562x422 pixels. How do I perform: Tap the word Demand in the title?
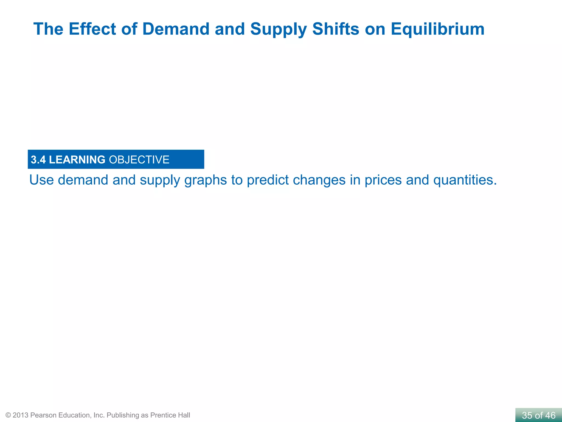[x=176, y=29]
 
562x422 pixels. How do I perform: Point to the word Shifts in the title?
[x=336, y=29]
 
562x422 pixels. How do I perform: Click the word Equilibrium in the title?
[x=437, y=29]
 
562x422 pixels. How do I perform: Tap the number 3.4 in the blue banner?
[x=38, y=160]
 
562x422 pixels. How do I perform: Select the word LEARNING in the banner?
[x=77, y=160]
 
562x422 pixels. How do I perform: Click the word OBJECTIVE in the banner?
[x=139, y=160]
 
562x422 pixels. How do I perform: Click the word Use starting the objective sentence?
[x=41, y=180]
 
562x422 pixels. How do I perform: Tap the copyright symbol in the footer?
[x=8, y=415]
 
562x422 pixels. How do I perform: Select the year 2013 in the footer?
[x=20, y=415]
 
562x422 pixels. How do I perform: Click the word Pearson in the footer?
[x=43, y=415]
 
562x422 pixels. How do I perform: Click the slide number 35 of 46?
[x=538, y=415]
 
